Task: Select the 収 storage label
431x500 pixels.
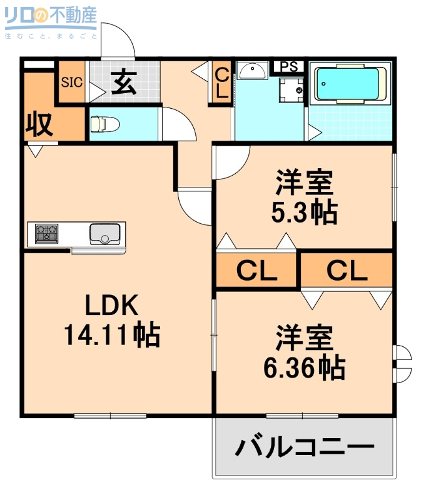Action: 38,124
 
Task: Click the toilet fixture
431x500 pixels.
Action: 104,124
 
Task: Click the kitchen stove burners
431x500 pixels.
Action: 46,234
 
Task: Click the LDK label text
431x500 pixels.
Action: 111,306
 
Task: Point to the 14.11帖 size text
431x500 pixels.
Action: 111,336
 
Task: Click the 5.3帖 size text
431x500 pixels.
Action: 304,212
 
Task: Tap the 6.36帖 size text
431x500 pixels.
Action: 304,367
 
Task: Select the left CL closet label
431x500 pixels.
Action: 256,271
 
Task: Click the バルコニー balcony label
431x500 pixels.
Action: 305,447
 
